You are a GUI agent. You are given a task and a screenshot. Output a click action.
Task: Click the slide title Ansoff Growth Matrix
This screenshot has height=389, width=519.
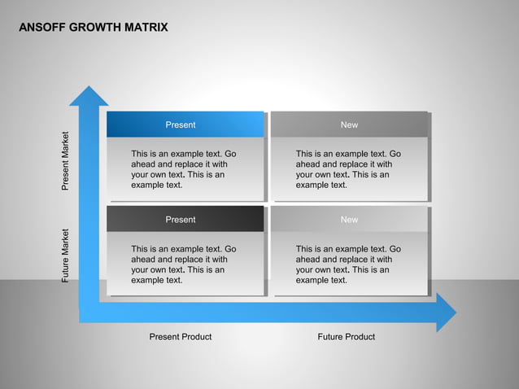point(93,28)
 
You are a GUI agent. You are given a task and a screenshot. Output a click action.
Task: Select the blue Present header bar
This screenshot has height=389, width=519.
point(185,125)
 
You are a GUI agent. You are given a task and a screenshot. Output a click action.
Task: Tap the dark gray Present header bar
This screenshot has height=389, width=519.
point(185,219)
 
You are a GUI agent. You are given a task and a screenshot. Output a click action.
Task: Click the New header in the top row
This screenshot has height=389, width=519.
point(349,125)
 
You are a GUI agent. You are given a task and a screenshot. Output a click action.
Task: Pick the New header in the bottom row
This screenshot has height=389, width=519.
point(349,219)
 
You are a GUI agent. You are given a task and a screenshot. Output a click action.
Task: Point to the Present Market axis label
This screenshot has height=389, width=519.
point(66,161)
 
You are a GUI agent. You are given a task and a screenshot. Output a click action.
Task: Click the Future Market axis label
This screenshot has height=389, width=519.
point(66,256)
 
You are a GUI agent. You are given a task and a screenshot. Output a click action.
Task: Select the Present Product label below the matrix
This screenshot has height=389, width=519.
point(180,337)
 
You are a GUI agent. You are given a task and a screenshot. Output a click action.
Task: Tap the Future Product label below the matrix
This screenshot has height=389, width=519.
point(347,337)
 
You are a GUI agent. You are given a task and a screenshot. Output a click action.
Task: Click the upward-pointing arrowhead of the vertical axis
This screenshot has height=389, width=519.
point(89,95)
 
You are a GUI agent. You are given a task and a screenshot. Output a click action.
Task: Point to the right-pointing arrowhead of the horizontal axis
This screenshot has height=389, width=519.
point(446,313)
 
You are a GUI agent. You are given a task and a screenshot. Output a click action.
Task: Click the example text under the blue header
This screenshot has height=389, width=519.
point(184,169)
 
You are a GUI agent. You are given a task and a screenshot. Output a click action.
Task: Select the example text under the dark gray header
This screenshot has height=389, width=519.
point(184,264)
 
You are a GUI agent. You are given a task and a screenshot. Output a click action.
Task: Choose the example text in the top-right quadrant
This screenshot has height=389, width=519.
point(348,169)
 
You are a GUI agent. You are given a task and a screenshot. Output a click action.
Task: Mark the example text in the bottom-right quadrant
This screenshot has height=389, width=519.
point(348,264)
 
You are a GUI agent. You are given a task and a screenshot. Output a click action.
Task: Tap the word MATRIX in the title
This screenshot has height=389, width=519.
point(146,28)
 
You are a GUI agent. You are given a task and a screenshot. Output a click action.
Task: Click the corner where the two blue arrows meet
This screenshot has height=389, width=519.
point(89,313)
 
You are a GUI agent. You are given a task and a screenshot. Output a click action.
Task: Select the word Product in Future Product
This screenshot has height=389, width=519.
point(360,337)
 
